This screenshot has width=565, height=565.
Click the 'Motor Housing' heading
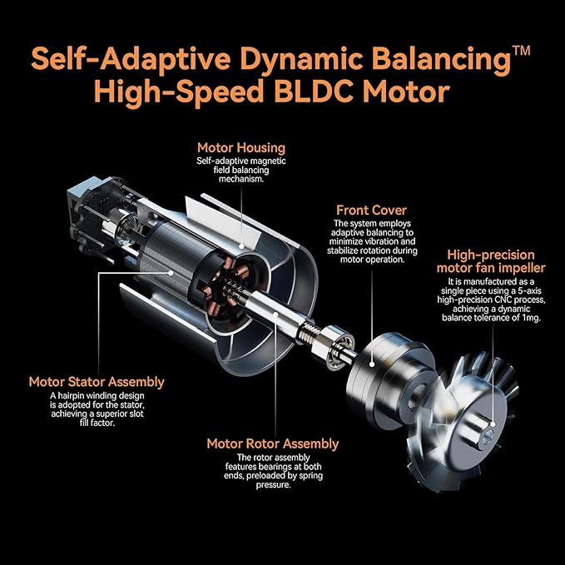[x=240, y=148]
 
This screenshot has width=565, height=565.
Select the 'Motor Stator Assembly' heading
[x=97, y=382]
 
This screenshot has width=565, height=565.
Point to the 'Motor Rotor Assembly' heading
[x=273, y=444]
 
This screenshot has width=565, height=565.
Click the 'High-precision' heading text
[x=490, y=255]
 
